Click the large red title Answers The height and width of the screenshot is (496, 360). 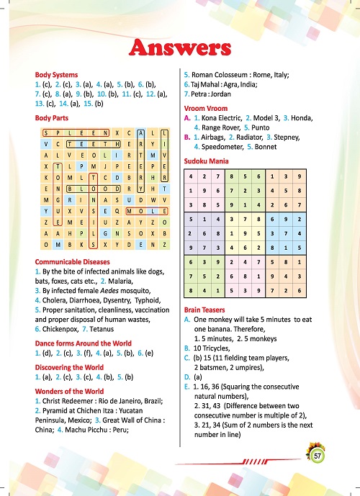click(179, 48)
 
